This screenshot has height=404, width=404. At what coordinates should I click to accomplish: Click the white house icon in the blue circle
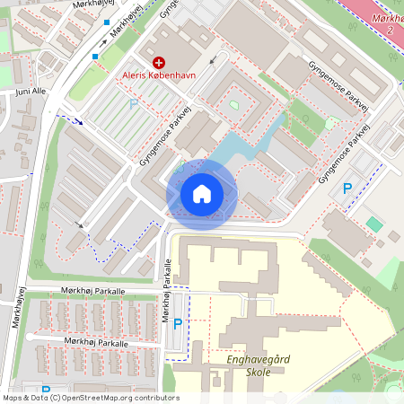[x=202, y=194]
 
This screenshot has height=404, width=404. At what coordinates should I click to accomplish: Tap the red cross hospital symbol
[x=159, y=62]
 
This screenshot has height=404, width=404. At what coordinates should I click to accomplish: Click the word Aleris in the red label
[x=138, y=76]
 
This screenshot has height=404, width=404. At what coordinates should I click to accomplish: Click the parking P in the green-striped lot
[x=134, y=104]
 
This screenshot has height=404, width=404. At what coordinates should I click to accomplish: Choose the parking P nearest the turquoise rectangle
[x=347, y=189]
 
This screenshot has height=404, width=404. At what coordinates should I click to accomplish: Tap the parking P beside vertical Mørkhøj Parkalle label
[x=177, y=324]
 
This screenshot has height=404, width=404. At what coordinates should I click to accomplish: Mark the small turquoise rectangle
[x=373, y=223]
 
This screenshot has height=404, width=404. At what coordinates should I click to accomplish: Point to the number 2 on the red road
[x=391, y=31]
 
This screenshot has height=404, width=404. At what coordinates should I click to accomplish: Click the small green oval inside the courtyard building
[x=234, y=106]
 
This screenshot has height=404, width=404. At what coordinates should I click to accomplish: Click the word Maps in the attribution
[x=13, y=398]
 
